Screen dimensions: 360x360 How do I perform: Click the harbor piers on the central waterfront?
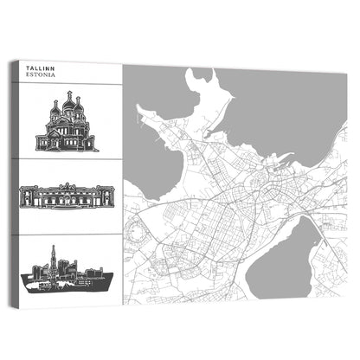[277, 160]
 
